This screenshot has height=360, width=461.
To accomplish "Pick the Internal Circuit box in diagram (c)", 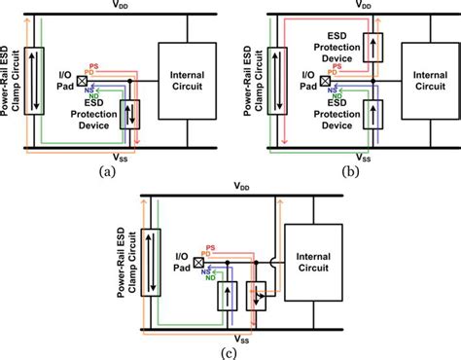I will point(311,261).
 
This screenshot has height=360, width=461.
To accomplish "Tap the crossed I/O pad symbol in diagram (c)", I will point(200,263).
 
